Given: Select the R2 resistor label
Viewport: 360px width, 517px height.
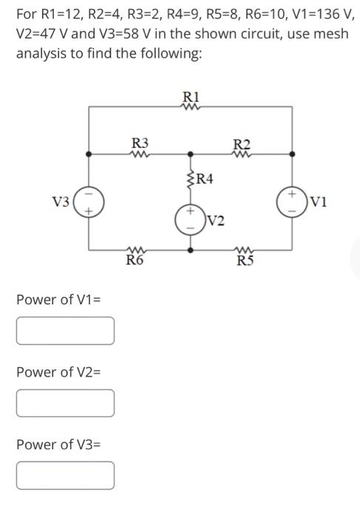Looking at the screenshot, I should [x=241, y=144].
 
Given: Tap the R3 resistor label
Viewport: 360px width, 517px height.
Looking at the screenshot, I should [x=139, y=143].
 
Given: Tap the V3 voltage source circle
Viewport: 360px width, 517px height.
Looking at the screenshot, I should [x=89, y=201].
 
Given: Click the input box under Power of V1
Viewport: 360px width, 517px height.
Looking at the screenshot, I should [x=66, y=331].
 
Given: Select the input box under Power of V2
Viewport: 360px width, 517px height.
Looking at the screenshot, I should [x=66, y=403].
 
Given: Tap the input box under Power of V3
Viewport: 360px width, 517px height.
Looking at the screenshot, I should [x=66, y=476].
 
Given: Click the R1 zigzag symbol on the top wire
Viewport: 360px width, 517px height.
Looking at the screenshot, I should [x=191, y=106].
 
